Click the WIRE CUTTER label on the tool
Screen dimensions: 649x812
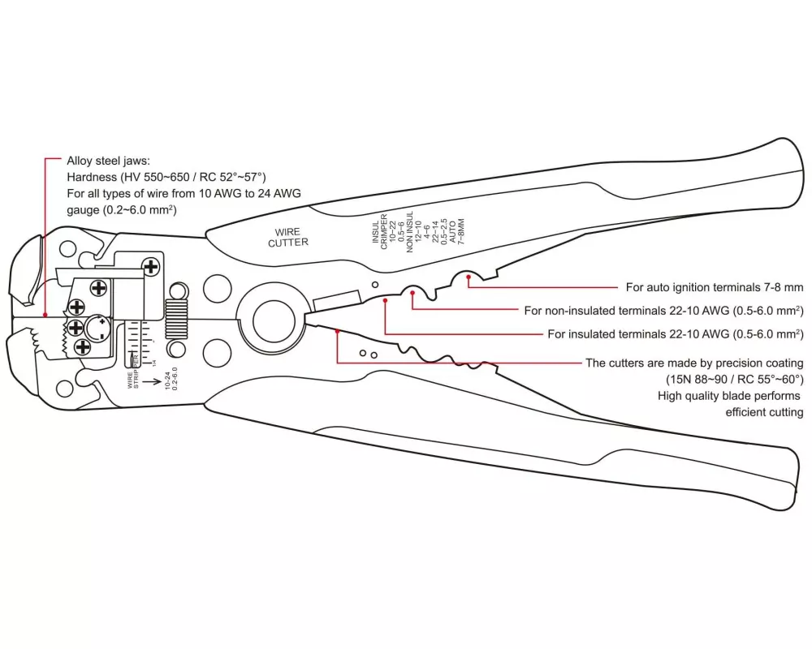[x=288, y=237]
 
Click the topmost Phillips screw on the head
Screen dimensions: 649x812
[x=150, y=266]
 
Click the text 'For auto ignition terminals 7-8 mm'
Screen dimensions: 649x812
[x=714, y=287]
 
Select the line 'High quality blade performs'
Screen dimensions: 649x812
[x=728, y=396]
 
